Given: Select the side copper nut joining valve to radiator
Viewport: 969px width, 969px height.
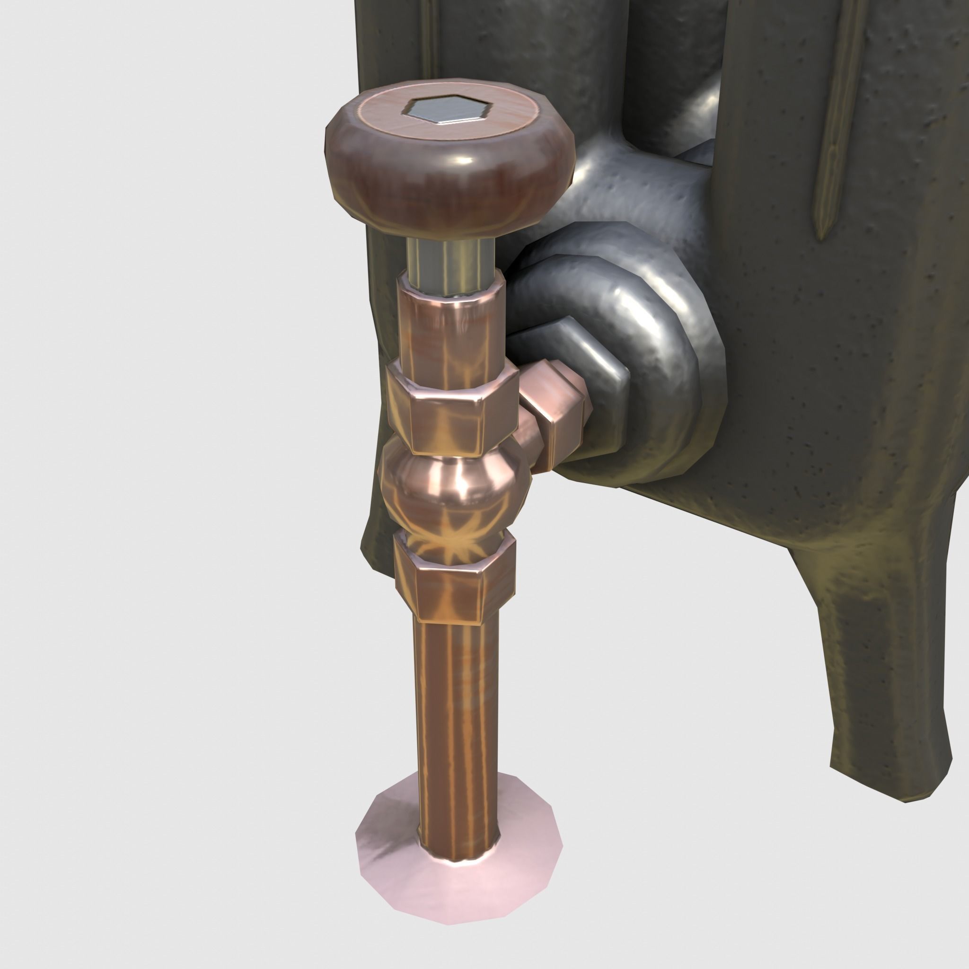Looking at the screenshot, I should (557, 406).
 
